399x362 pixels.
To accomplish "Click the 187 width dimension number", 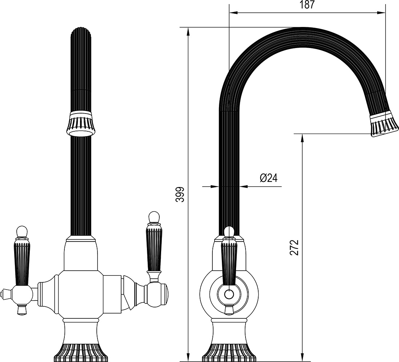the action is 307,5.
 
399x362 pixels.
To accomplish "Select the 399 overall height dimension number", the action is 180,195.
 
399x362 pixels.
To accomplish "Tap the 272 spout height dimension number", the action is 294,247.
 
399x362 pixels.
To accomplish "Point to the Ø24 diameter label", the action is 269,178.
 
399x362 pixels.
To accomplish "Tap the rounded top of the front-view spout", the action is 80,32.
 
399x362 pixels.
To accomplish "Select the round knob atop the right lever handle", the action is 154,217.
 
